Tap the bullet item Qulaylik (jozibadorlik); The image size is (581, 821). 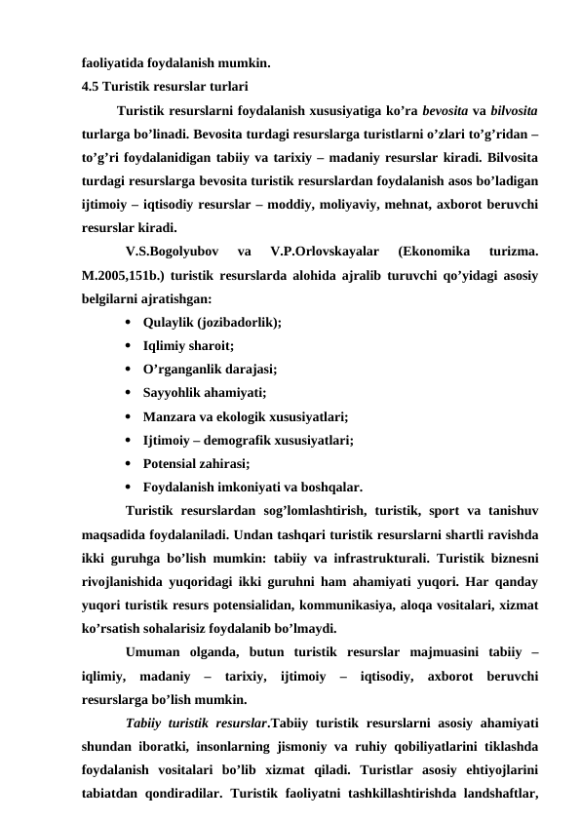point(212,322)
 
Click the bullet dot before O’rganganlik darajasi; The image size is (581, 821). point(131,370)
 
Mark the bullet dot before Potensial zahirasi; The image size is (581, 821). point(131,463)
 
